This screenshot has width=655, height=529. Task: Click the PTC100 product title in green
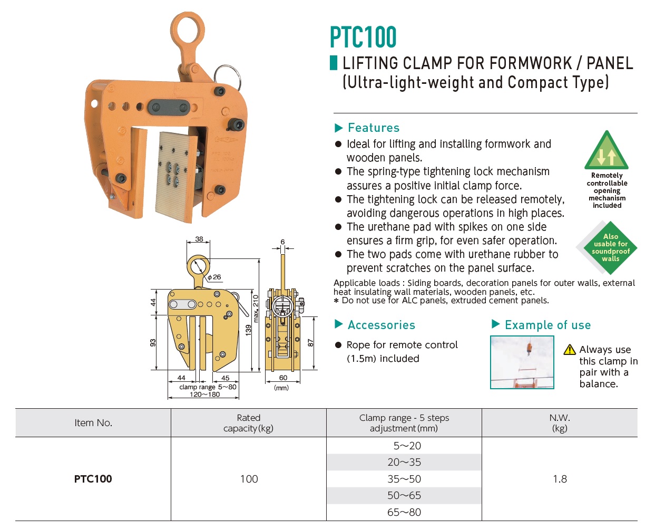pyautogui.click(x=363, y=37)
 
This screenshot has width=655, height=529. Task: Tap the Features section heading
pyautogui.click(x=373, y=128)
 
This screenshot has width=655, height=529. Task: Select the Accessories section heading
pyautogui.click(x=381, y=325)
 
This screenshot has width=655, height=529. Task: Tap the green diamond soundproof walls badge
pyautogui.click(x=607, y=247)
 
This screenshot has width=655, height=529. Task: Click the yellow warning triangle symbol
pyautogui.click(x=569, y=350)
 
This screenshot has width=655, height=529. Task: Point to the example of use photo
pyautogui.click(x=522, y=362)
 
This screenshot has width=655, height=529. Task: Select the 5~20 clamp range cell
pyautogui.click(x=406, y=446)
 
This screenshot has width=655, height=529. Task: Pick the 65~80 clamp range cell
pyautogui.click(x=404, y=512)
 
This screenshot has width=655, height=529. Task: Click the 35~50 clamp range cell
pyautogui.click(x=404, y=479)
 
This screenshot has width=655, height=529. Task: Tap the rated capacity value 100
pyautogui.click(x=249, y=479)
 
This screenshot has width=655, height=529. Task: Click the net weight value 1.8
pyautogui.click(x=560, y=479)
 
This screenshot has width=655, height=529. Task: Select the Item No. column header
pyautogui.click(x=93, y=422)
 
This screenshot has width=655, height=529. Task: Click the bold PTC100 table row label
pyautogui.click(x=93, y=479)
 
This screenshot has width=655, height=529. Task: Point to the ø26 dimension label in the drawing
pyautogui.click(x=214, y=277)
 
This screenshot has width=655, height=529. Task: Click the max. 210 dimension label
pyautogui.click(x=256, y=309)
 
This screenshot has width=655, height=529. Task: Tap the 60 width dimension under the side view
pyautogui.click(x=283, y=378)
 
